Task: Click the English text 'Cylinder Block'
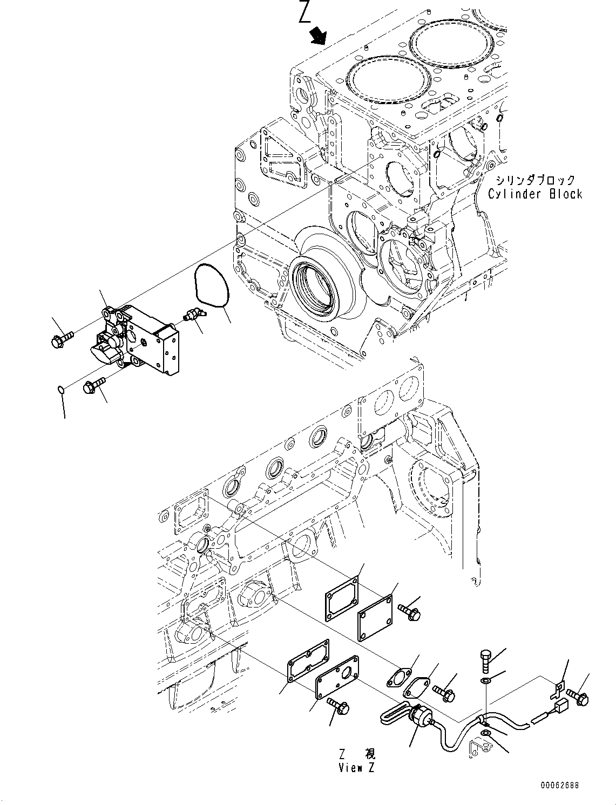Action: [535, 194]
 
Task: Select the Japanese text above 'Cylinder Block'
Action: [536, 180]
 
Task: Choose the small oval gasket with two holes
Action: [398, 677]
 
